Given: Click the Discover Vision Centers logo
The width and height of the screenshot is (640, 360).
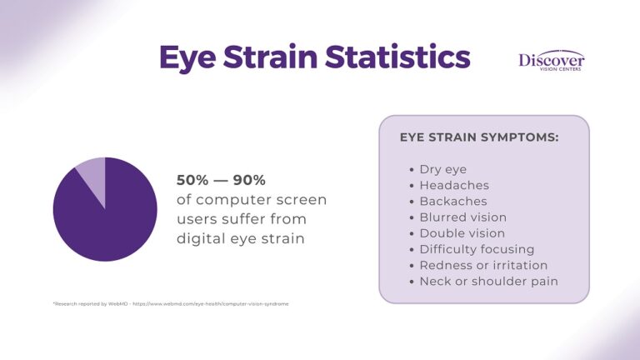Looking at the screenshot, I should (x=551, y=61).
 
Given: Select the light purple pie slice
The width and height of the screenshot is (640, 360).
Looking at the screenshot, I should (x=92, y=177).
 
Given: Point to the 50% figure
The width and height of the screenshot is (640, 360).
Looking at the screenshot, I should (x=192, y=180).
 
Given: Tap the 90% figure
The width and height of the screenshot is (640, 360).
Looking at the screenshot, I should (x=248, y=180).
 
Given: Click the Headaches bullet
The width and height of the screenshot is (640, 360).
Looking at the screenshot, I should (x=454, y=186).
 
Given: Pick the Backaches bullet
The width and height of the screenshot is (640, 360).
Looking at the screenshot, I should (x=453, y=202).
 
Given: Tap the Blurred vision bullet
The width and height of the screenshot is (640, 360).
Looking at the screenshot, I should (x=462, y=217).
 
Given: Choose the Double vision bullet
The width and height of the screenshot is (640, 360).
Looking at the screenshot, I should (x=462, y=233).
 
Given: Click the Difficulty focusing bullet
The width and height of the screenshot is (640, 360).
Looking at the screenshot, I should (x=477, y=249).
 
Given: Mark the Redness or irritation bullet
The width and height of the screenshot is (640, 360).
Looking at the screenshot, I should (x=483, y=265).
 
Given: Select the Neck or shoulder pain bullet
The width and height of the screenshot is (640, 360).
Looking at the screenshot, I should (x=488, y=281).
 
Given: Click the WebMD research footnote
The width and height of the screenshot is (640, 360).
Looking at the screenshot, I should (x=170, y=304).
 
